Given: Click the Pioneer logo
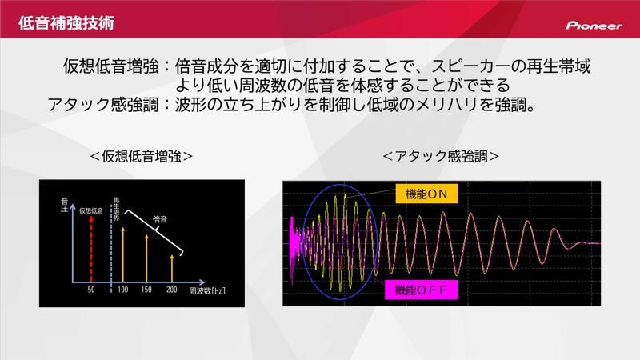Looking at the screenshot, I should [594, 25].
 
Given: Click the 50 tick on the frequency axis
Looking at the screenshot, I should [92, 289].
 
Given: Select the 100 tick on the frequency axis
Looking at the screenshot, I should [123, 289].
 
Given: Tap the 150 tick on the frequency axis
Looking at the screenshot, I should [147, 289].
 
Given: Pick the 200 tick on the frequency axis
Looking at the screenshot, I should [172, 289].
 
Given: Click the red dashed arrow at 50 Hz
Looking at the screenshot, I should [92, 248].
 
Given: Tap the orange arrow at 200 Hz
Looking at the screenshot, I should [172, 266].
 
